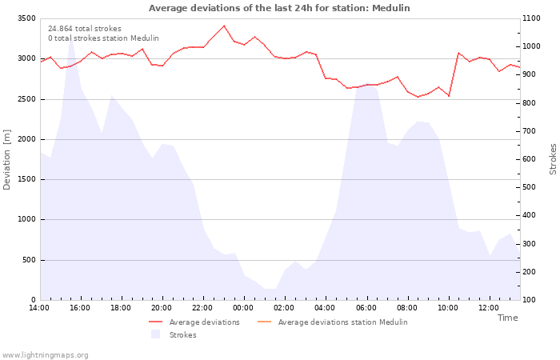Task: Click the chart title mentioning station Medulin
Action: pyautogui.click(x=279, y=8)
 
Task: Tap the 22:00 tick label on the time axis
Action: pyautogui.click(x=202, y=308)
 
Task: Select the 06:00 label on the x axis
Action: pyautogui.click(x=366, y=308)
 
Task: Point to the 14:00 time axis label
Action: pyautogui.click(x=39, y=308)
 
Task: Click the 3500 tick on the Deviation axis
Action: pyautogui.click(x=26, y=18)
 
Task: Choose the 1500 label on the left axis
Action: pyautogui.click(x=26, y=179)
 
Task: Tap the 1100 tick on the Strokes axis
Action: pyautogui.click(x=531, y=18)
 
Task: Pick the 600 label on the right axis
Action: pyautogui.click(x=530, y=159)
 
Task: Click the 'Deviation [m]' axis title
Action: pyautogui.click(x=6, y=160)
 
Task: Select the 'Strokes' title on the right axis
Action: pyautogui.click(x=553, y=159)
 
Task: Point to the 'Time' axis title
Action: pyautogui.click(x=507, y=318)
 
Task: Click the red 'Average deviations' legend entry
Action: pyautogui.click(x=194, y=322)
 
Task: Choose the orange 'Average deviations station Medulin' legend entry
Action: pyautogui.click(x=332, y=322)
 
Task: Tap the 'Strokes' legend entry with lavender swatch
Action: pyautogui.click(x=174, y=334)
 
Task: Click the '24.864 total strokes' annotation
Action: pyautogui.click(x=85, y=29)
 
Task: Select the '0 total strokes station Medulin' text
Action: pyautogui.click(x=103, y=38)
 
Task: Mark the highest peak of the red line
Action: pyautogui.click(x=224, y=26)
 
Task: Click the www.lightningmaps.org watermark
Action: pyautogui.click(x=45, y=355)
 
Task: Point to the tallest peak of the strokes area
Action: pyautogui.click(x=71, y=37)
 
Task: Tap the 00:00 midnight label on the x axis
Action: pyautogui.click(x=243, y=308)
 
